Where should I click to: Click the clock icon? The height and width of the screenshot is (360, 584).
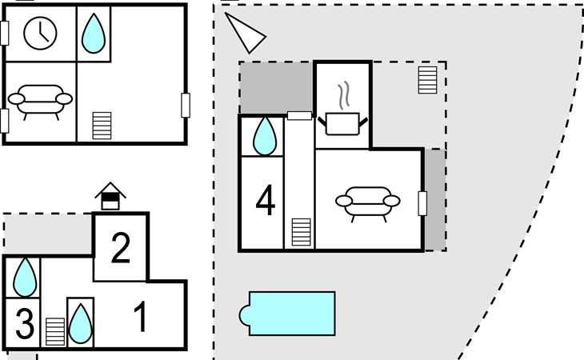40,33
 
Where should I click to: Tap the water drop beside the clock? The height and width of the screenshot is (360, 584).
93,34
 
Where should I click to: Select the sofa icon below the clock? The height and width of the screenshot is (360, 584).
40,102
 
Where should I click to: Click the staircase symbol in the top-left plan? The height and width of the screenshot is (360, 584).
102,126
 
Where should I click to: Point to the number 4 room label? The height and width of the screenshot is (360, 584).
265,201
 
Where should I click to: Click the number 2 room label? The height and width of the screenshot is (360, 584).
121,247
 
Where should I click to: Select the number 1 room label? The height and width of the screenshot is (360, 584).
141,316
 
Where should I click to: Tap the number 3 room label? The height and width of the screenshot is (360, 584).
25,323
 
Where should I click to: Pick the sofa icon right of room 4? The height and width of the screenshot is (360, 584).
368,204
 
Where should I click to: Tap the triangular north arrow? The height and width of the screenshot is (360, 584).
244,32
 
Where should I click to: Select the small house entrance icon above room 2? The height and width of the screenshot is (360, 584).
110,196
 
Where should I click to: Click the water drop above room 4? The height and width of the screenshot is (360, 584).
265,136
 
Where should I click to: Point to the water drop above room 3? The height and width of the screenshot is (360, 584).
25,278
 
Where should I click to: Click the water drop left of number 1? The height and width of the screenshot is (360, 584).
81,323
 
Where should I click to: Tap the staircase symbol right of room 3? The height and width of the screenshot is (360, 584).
55,331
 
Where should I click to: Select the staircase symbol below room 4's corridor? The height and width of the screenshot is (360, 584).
301,232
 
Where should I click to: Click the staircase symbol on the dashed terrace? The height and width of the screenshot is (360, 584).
427,80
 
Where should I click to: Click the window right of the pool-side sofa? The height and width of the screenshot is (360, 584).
422,203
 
